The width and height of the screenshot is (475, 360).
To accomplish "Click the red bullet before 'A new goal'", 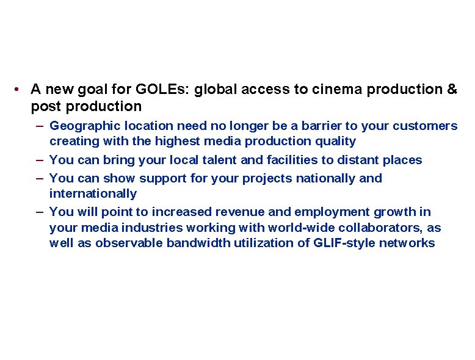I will pyautogui.click(x=20, y=90).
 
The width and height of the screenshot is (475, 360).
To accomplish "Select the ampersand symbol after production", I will pyautogui.click(x=452, y=90).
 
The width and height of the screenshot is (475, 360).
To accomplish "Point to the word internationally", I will pyautogui.click(x=93, y=194).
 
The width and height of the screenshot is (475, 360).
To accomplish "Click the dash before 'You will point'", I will pyautogui.click(x=39, y=212).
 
